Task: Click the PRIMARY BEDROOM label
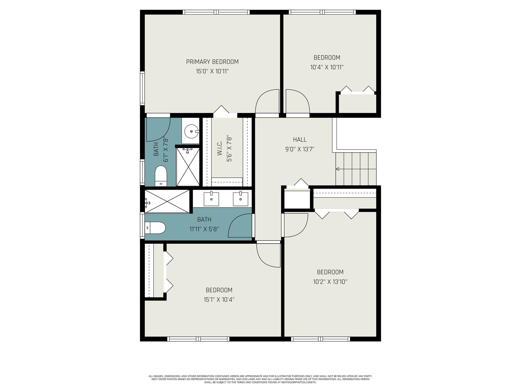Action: (212, 62)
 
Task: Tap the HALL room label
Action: (300, 139)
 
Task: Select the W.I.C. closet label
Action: (220, 149)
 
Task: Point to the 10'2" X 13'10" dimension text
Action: (330, 282)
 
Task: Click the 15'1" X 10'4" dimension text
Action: (219, 300)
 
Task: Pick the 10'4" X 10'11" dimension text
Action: (327, 67)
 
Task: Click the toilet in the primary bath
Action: (161, 176)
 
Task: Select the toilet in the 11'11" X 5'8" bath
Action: (155, 228)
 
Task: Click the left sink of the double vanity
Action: (211, 199)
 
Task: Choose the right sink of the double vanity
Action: (240, 199)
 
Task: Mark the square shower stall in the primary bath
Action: (188, 167)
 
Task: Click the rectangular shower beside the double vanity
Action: (167, 201)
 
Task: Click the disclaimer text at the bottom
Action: (260, 379)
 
